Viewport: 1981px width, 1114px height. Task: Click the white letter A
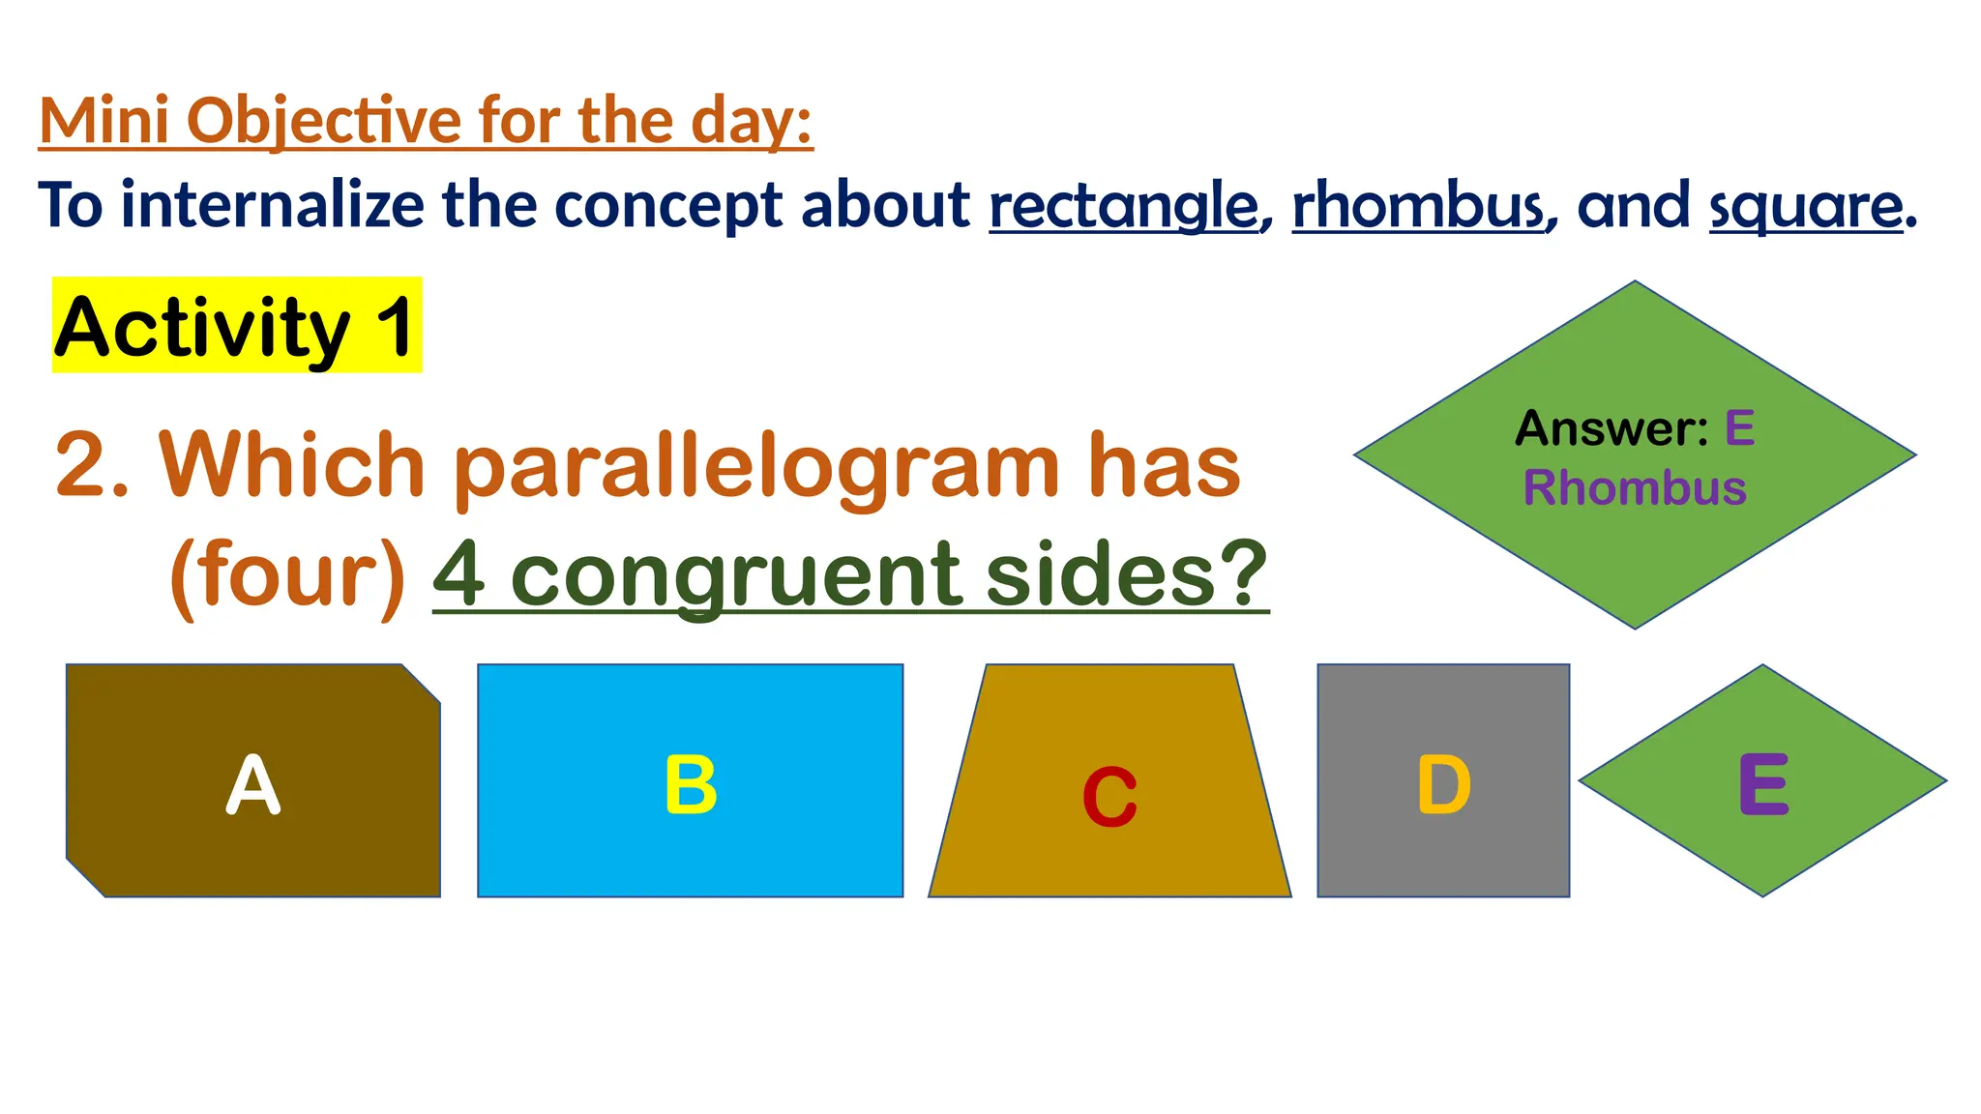coord(253,784)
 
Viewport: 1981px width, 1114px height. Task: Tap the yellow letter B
coord(691,784)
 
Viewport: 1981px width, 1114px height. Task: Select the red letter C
coord(1109,797)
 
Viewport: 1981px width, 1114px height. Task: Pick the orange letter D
coord(1443,784)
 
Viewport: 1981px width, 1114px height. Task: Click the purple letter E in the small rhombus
coord(1763,784)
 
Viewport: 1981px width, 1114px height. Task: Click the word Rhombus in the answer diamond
coord(1635,487)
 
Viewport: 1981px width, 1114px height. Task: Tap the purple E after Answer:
coord(1739,428)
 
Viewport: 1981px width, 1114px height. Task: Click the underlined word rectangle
coord(1124,206)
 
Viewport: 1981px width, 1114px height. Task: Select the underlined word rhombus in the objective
coord(1418,206)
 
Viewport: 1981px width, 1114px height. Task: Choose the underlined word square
coord(1806,206)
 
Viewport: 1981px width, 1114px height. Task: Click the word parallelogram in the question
coord(756,467)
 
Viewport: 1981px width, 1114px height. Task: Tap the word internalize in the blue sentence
coord(273,206)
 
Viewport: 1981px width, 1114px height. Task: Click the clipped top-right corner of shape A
coord(422,683)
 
